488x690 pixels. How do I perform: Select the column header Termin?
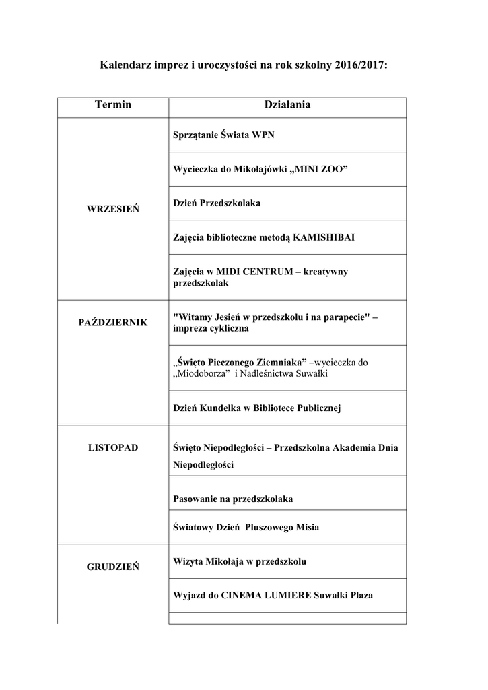(113, 106)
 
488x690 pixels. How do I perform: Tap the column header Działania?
(287, 106)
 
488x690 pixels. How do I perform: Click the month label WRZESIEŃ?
(113, 209)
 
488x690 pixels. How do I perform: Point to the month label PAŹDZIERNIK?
(113, 323)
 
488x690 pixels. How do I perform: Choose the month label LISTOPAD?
(113, 447)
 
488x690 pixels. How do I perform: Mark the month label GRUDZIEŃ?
(113, 567)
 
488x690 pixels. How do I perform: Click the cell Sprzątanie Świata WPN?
(223, 135)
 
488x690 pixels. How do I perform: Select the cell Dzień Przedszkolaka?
(217, 202)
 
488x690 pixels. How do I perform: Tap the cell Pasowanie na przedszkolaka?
(233, 499)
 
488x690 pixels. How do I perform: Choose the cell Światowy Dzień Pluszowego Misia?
(246, 528)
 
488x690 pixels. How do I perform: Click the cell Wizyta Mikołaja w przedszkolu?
(240, 561)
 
